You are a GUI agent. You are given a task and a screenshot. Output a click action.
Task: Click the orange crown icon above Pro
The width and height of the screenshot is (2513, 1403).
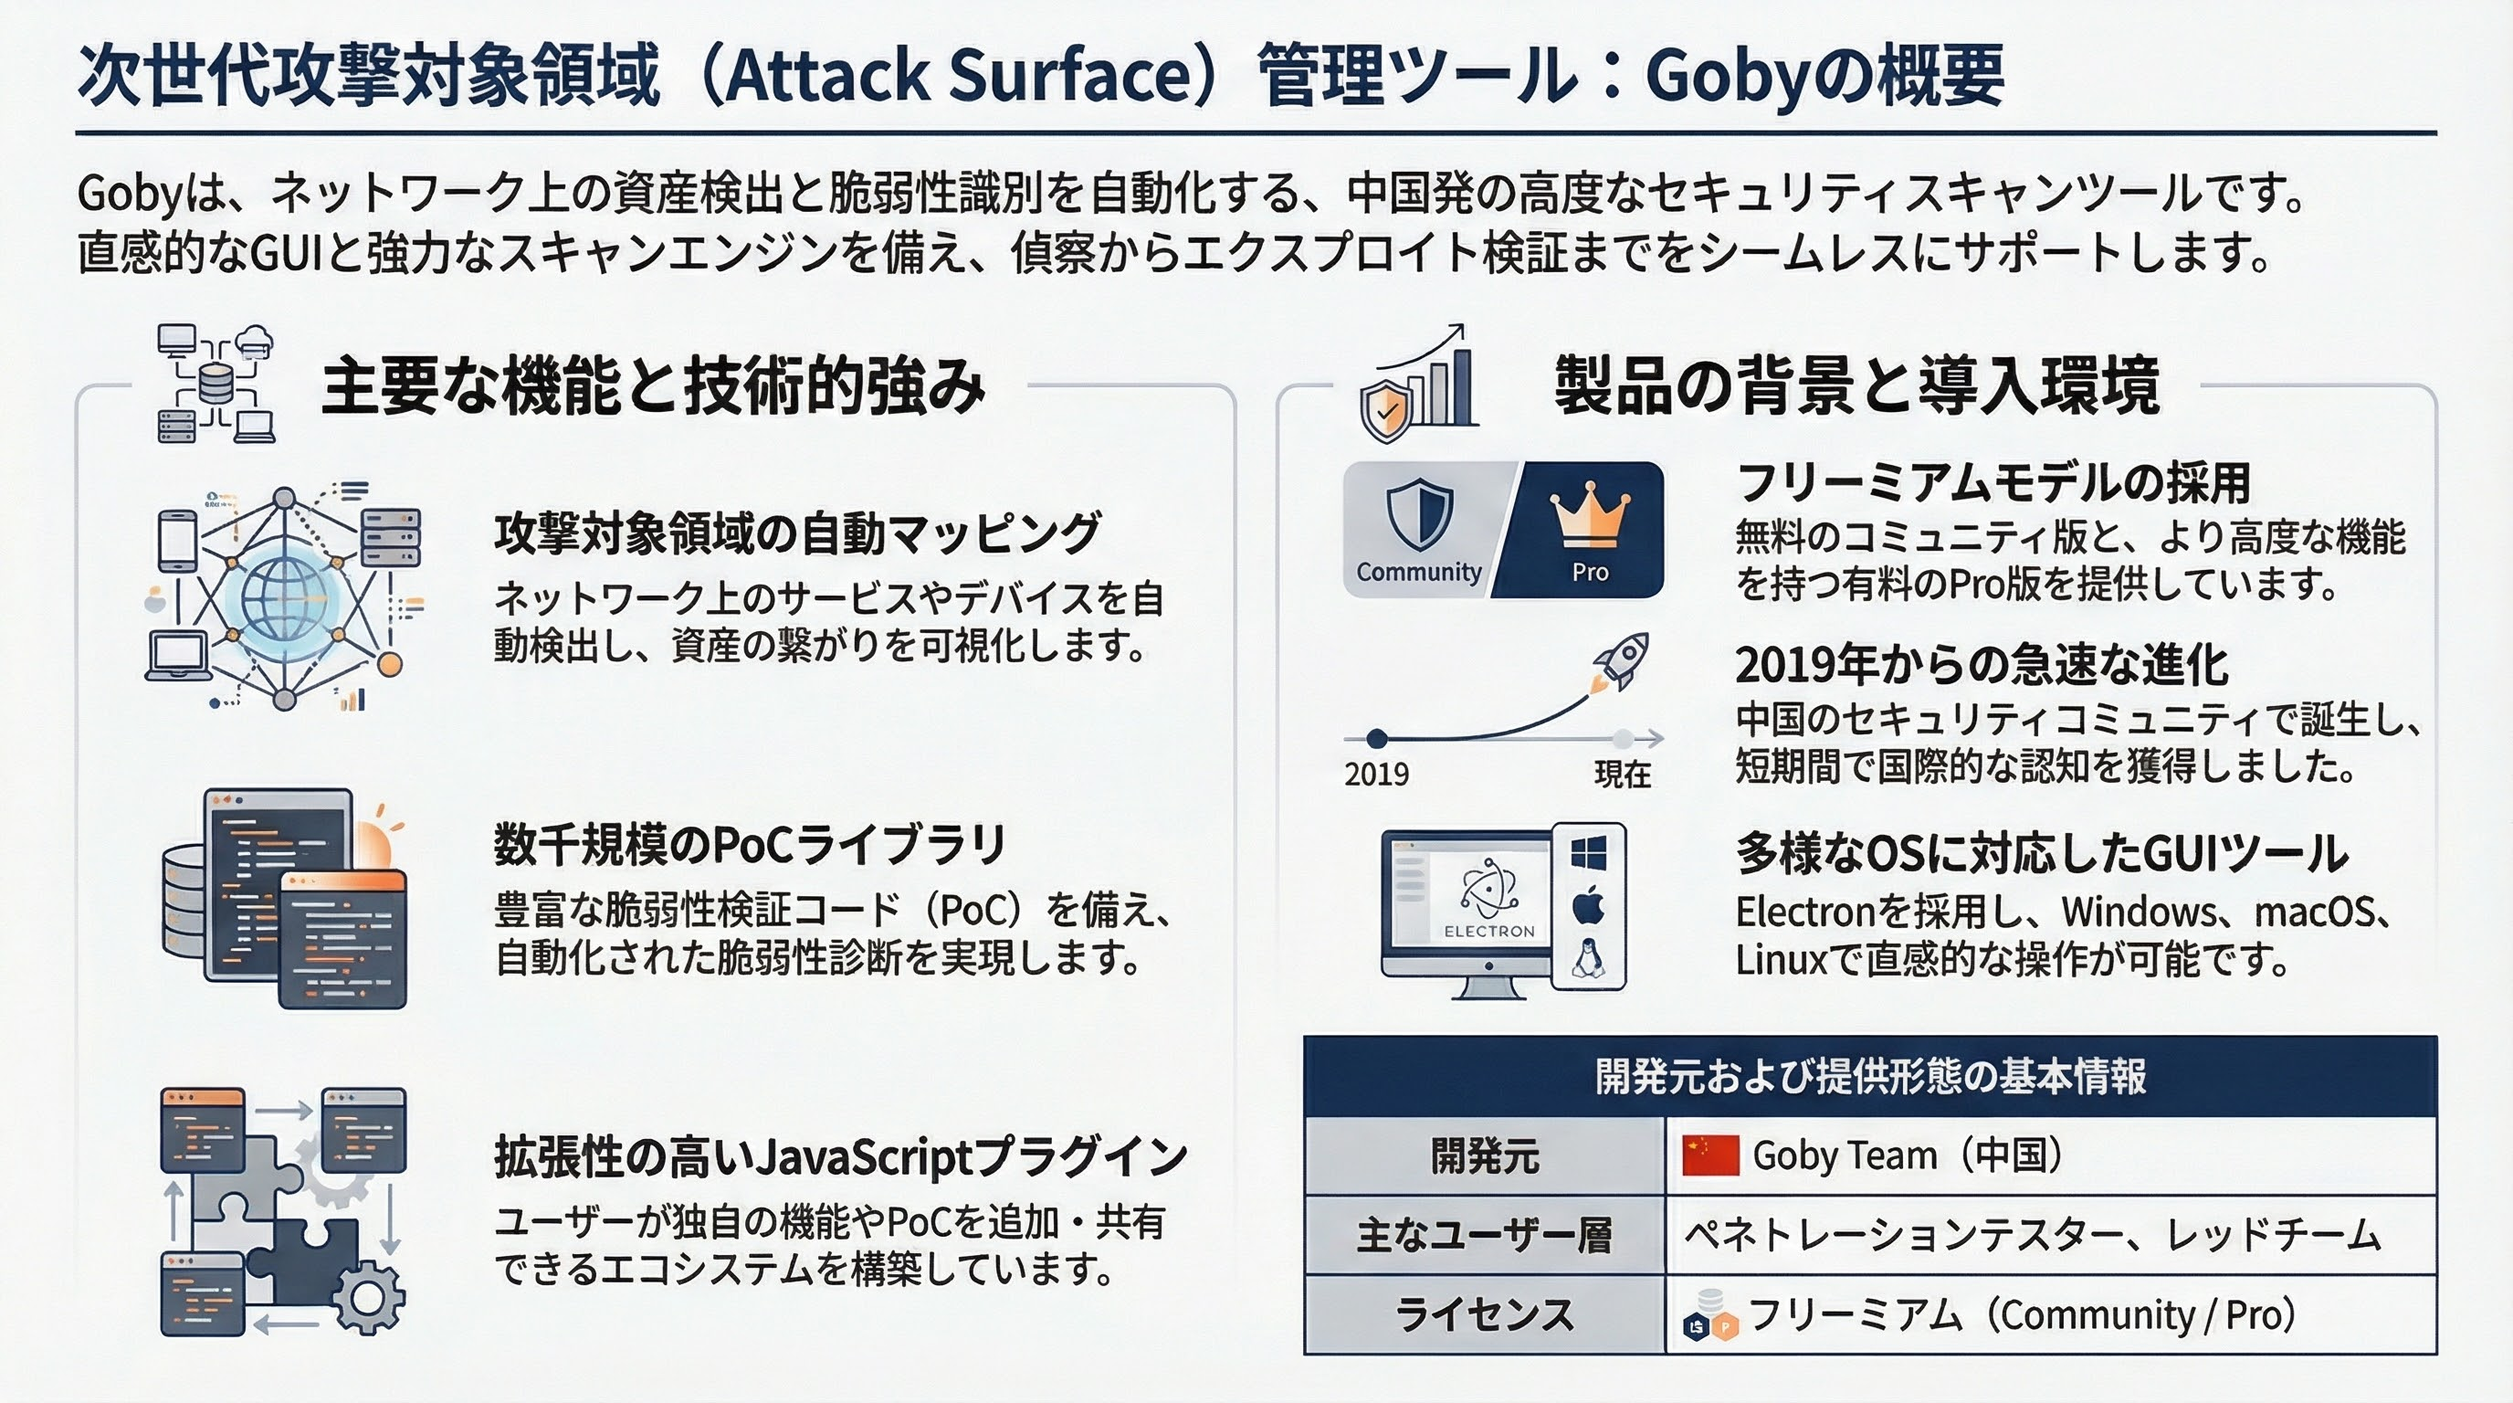pyautogui.click(x=1589, y=514)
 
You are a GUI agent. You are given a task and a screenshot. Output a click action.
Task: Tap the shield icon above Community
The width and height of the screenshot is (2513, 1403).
pyautogui.click(x=1419, y=515)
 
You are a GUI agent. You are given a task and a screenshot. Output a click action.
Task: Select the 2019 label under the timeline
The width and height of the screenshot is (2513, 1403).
pyautogui.click(x=1376, y=775)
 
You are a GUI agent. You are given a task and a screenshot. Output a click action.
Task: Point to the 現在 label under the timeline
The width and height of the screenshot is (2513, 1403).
pyautogui.click(x=1623, y=775)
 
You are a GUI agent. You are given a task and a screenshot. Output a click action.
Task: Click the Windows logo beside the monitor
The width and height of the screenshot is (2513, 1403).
pyautogui.click(x=1588, y=855)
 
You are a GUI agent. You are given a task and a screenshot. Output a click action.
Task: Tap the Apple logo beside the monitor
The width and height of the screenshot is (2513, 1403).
pyautogui.click(x=1588, y=906)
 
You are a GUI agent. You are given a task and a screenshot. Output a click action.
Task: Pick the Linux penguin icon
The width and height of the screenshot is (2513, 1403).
pyautogui.click(x=1588, y=959)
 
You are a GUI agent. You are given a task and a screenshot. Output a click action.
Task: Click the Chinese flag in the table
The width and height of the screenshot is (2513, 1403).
pyautogui.click(x=1710, y=1156)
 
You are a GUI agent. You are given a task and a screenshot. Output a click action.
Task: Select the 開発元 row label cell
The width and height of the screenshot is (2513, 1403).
pyautogui.click(x=1484, y=1156)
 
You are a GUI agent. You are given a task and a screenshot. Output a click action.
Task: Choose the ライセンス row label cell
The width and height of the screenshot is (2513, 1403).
pyautogui.click(x=1484, y=1314)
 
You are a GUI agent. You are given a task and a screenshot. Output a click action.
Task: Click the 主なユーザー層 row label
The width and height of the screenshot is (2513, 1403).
pyautogui.click(x=1484, y=1236)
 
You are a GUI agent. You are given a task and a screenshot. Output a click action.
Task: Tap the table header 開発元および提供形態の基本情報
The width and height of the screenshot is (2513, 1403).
pyautogui.click(x=1870, y=1077)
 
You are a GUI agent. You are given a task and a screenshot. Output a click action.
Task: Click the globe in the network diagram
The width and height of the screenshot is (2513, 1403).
pyautogui.click(x=286, y=596)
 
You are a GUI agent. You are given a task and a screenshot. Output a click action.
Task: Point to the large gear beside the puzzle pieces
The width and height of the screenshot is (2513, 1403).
pyautogui.click(x=368, y=1298)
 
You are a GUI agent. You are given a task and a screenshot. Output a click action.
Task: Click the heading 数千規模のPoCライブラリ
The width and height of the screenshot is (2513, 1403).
pyautogui.click(x=749, y=845)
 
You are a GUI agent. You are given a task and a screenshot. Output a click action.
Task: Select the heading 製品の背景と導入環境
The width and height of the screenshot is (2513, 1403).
pyautogui.click(x=1856, y=386)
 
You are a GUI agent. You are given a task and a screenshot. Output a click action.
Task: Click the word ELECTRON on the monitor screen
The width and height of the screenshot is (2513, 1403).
pyautogui.click(x=1488, y=931)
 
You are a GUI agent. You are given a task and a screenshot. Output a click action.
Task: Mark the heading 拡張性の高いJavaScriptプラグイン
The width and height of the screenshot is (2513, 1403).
pyautogui.click(x=841, y=1157)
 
